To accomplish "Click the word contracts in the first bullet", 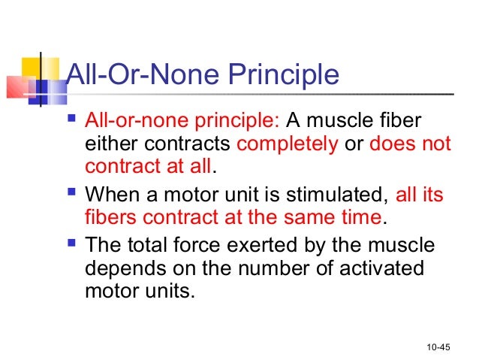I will pyautogui.click(x=188, y=144).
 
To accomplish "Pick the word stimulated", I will pyautogui.click(x=330, y=195).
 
